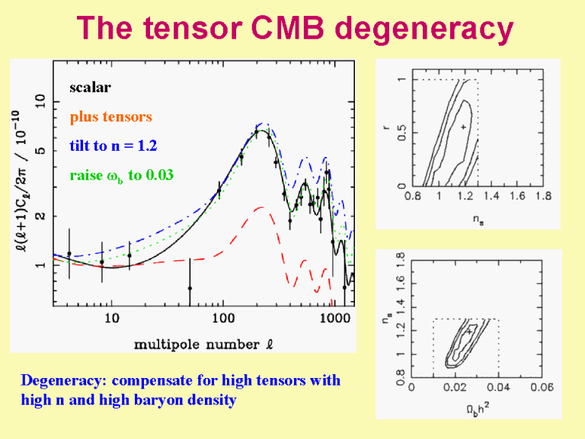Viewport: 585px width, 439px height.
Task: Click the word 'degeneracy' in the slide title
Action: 424,29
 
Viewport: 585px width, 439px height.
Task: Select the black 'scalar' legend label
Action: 90,87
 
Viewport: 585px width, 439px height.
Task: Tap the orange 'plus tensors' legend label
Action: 110,117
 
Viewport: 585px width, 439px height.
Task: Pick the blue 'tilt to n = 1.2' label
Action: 113,146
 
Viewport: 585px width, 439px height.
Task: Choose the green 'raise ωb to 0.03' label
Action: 121,175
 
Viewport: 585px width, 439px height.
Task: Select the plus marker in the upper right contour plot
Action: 463,127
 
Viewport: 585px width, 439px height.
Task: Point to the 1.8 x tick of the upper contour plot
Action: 543,197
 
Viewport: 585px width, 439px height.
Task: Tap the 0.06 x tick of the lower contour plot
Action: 543,387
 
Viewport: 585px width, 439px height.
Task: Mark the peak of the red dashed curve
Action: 260,207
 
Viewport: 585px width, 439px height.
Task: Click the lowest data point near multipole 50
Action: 190,289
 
